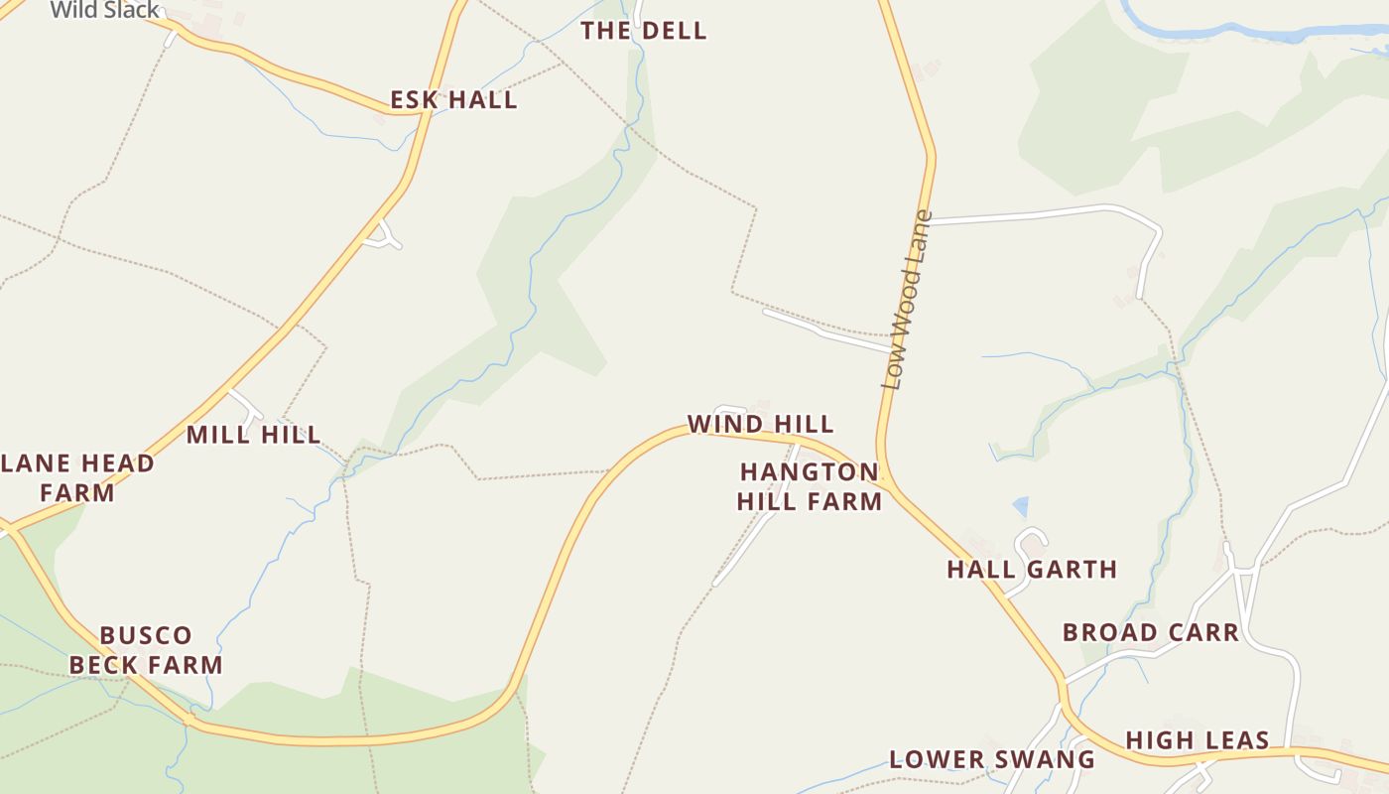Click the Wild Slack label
click(x=104, y=10)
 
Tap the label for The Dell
click(x=644, y=31)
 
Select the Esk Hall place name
click(x=453, y=100)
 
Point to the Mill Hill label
click(x=254, y=435)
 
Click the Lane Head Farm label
click(x=77, y=477)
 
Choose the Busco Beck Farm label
click(x=146, y=650)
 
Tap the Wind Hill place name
click(x=761, y=425)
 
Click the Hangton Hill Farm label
click(x=810, y=486)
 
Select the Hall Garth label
click(x=1032, y=570)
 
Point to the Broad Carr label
click(x=1151, y=632)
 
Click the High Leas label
click(x=1198, y=740)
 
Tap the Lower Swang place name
click(x=992, y=760)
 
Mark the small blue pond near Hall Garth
click(x=1020, y=507)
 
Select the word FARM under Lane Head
click(x=77, y=492)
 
